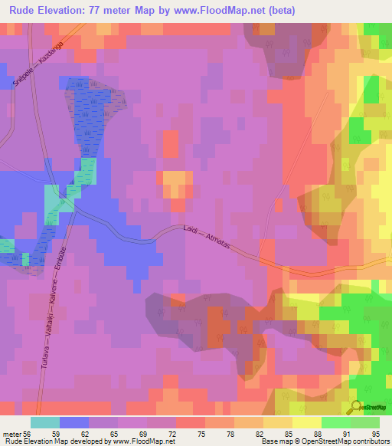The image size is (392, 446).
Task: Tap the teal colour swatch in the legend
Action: pyautogui.click(x=45, y=422)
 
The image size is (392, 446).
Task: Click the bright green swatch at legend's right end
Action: pyautogui.click(x=365, y=422)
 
